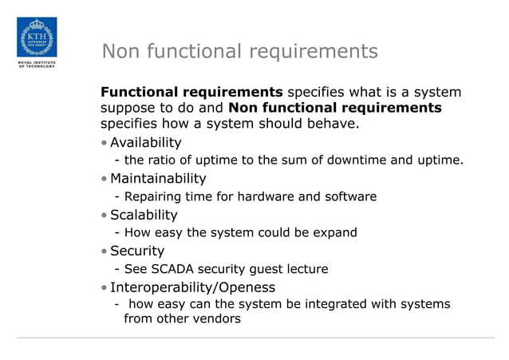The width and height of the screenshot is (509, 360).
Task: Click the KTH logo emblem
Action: [x=37, y=37]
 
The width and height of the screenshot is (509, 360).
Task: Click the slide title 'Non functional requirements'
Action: [x=239, y=52]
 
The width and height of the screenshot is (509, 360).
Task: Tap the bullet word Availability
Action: [x=145, y=143]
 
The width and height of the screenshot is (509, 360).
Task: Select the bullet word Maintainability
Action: [x=158, y=178]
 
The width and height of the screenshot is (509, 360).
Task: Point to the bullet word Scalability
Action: [x=144, y=215]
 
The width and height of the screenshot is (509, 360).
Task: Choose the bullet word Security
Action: [x=137, y=251]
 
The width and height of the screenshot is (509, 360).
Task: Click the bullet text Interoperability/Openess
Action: [x=192, y=287]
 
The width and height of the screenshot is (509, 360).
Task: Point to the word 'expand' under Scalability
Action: [x=335, y=233]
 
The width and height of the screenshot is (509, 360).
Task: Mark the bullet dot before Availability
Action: [x=105, y=144]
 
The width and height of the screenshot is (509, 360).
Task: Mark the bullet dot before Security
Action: [x=105, y=251]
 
